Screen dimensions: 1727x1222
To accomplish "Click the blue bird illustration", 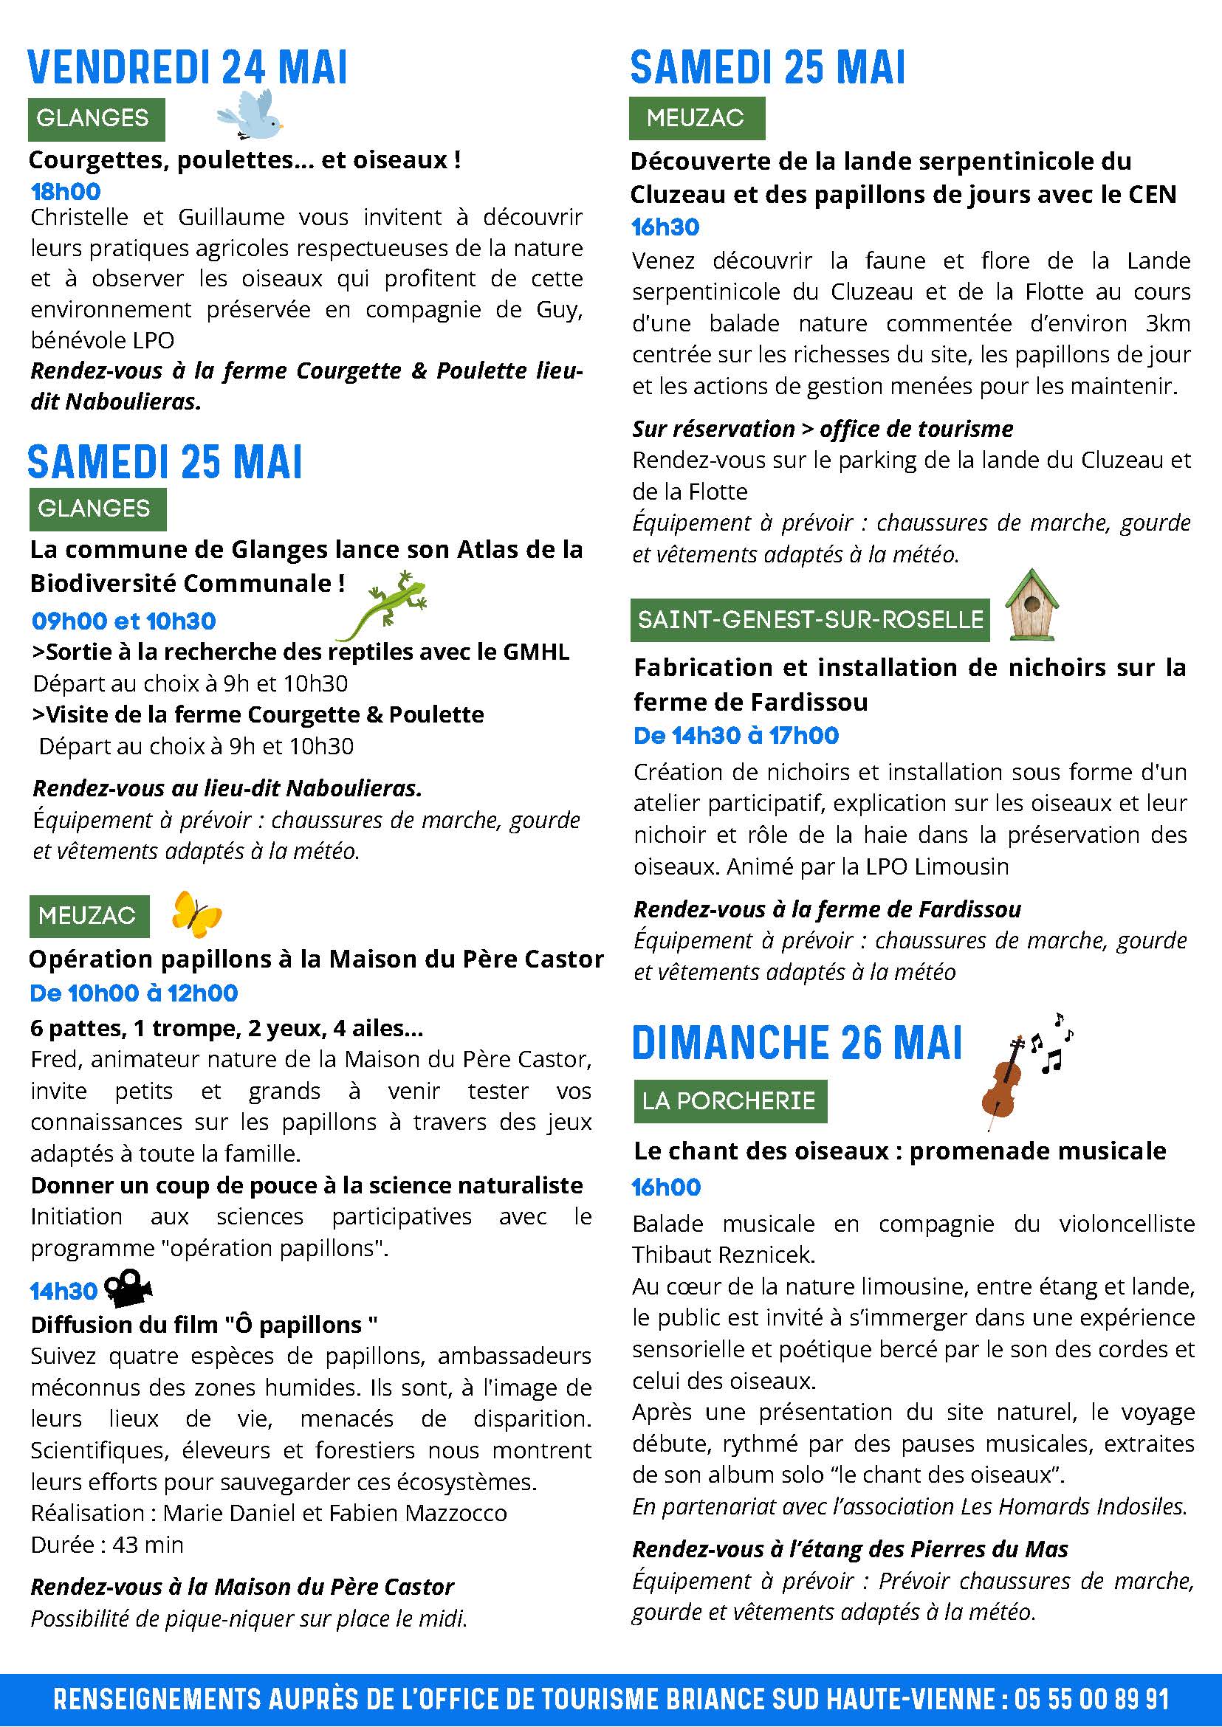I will pyautogui.click(x=250, y=116).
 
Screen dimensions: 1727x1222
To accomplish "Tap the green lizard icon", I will pyautogui.click(x=382, y=604).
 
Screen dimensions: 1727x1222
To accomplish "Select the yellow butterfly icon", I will pyautogui.click(x=196, y=914).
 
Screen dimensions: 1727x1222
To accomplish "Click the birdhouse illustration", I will pyautogui.click(x=1032, y=604).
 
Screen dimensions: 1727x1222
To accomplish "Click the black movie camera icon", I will pyautogui.click(x=128, y=1291).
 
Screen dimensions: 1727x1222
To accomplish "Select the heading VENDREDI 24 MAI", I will pyautogui.click(x=188, y=69).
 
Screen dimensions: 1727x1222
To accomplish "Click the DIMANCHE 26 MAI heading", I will pyautogui.click(x=797, y=1044).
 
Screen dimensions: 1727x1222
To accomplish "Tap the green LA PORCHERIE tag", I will pyautogui.click(x=729, y=1101).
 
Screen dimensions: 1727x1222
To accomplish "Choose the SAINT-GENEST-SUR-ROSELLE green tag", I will pyautogui.click(x=810, y=620).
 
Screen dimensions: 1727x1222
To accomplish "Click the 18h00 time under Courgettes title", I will pyautogui.click(x=66, y=192).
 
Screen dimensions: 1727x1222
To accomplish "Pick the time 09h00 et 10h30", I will pyautogui.click(x=123, y=621).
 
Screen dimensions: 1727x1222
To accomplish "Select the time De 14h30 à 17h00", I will pyautogui.click(x=736, y=736).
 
